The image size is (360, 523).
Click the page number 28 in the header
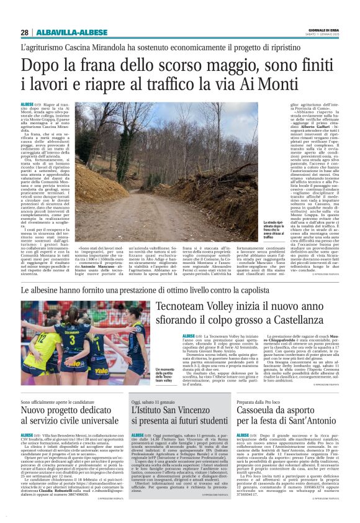tap(24, 32)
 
